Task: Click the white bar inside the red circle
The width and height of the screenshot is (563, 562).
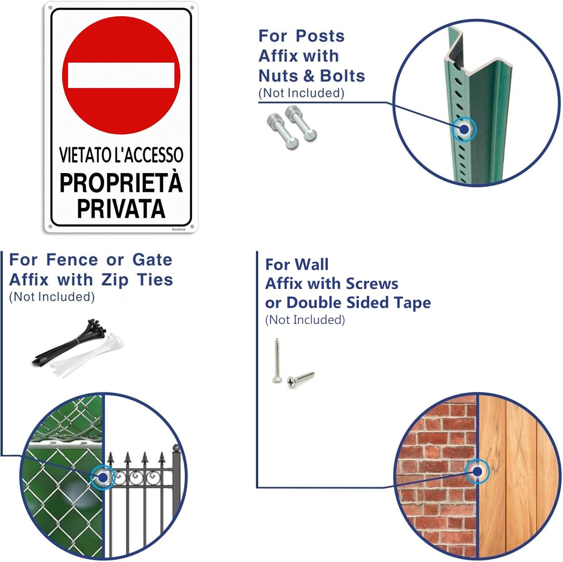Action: [x=121, y=75]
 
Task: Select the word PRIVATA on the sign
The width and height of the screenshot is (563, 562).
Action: [x=121, y=209]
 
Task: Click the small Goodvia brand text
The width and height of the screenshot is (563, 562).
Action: [x=178, y=229]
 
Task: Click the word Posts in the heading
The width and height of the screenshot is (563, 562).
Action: [x=320, y=36]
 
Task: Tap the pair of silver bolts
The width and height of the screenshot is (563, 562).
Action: [x=292, y=127]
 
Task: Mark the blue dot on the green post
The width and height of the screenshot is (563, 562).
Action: [x=464, y=129]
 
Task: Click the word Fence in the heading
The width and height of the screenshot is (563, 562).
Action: [x=72, y=260]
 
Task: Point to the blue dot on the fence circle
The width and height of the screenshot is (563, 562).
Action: [x=103, y=477]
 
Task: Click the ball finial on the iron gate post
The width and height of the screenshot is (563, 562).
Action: [x=176, y=448]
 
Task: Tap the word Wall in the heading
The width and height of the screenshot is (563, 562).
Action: [x=312, y=264]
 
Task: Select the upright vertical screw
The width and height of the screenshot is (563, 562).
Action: [x=277, y=361]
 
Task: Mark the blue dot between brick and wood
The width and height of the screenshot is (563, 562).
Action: [x=477, y=471]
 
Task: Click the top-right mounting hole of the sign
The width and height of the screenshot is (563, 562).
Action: [x=192, y=8]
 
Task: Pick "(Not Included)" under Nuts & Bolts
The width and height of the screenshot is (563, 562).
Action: [x=301, y=93]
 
